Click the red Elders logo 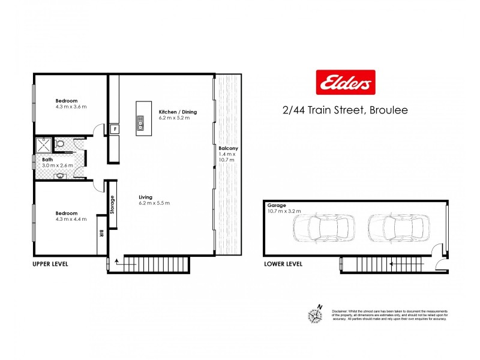coord(345,83)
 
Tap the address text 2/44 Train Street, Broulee coord(345,110)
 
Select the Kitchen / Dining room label coord(178,115)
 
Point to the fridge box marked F coord(114,129)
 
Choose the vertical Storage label coord(112,204)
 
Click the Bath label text coord(57,162)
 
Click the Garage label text coord(284,208)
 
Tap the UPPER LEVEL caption coord(51,263)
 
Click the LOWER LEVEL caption coord(283,263)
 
